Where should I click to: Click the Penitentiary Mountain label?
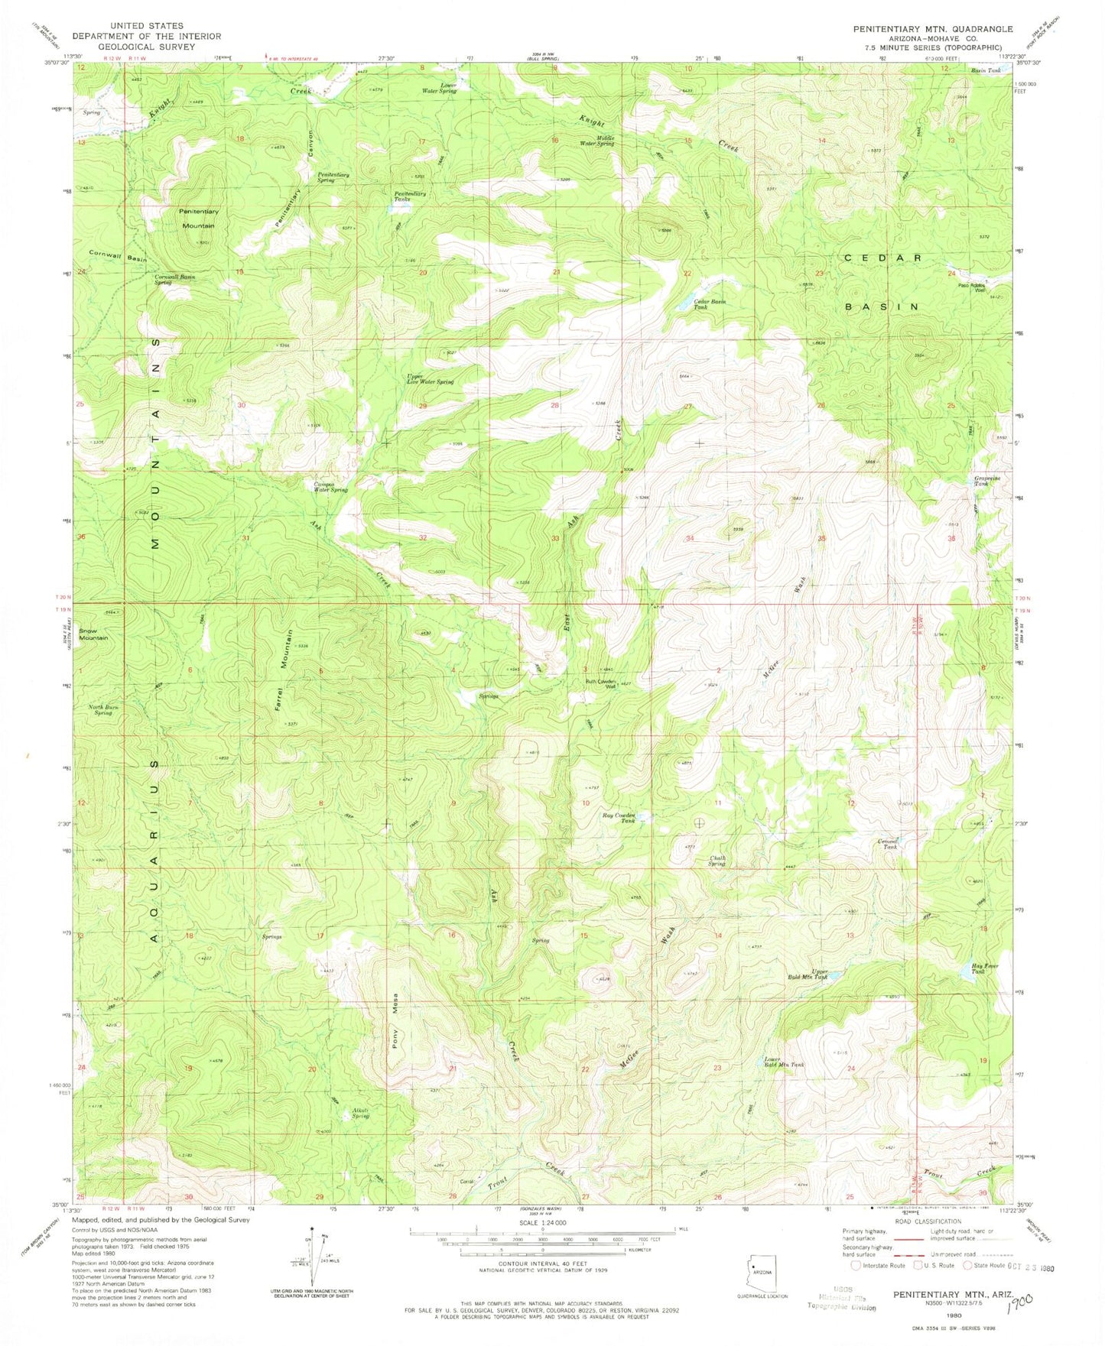tap(198, 219)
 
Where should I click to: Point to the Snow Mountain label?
tap(93, 634)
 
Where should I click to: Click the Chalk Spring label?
tap(717, 861)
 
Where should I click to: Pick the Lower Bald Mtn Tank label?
tap(784, 1062)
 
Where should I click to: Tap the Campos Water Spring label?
tap(330, 487)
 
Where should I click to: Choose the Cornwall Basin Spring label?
tap(174, 279)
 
